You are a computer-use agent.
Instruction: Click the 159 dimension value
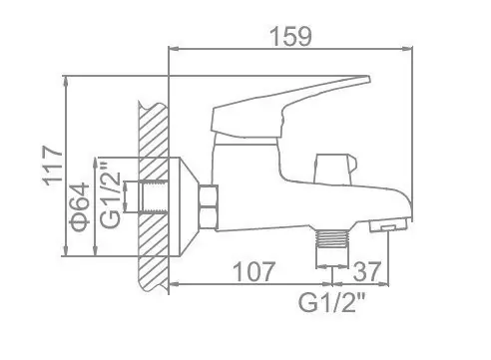290,36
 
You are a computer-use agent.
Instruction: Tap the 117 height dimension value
53,166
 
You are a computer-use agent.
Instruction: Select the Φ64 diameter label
80,206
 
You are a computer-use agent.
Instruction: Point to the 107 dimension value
254,271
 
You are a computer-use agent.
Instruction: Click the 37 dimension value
366,271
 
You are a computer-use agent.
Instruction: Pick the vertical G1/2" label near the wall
110,193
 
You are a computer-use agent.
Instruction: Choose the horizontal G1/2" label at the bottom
331,302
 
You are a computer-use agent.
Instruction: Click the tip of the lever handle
368,79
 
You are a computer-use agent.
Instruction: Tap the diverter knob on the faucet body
333,169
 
